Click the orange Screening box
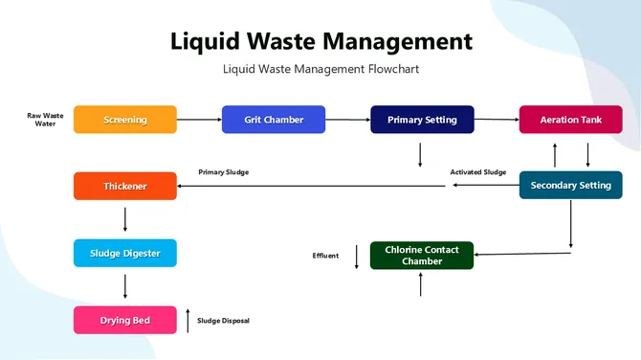pos(125,120)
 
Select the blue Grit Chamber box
pos(274,120)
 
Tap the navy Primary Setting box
pos(422,120)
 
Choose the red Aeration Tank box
pos(570,120)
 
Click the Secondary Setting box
pos(570,185)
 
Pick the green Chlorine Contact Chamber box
pos(422,256)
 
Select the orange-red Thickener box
pos(125,186)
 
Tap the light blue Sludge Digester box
pos(125,253)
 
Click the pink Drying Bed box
pos(125,320)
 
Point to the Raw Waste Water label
pos(45,120)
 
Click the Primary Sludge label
pos(224,172)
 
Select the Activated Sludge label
pos(478,172)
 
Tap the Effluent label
pos(325,256)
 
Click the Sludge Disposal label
pos(223,321)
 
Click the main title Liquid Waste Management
pos(320,41)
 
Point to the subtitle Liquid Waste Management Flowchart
pos(320,69)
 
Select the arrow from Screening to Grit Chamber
pos(199,120)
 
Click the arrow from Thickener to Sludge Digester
pos(125,220)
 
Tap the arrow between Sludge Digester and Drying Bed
pos(125,286)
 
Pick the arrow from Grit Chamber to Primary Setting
pos(347,120)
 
